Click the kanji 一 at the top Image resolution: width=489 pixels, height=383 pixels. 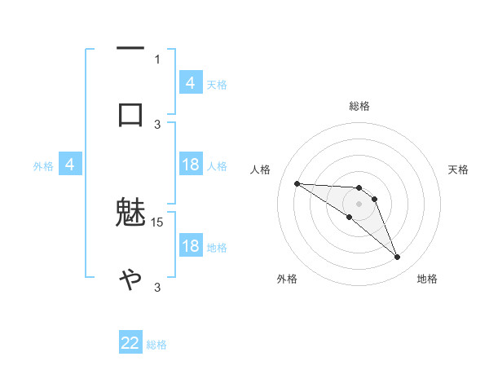pos(130,49)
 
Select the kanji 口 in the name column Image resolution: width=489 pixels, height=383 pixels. pos(130,114)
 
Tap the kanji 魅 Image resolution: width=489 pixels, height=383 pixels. pos(130,214)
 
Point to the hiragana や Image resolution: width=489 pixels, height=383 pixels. pos(130,280)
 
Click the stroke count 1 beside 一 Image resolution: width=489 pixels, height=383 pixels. pos(157,59)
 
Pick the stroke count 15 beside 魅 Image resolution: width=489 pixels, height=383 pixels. pos(158,222)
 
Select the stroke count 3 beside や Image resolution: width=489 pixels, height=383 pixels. pos(157,287)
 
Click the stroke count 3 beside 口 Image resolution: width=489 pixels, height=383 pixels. pos(157,124)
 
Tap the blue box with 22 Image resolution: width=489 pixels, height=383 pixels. pos(130,343)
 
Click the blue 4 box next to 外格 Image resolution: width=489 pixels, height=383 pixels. pos(70,165)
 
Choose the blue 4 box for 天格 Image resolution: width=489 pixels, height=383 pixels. pos(191,82)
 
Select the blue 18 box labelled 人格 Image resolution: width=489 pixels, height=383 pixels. pos(191,165)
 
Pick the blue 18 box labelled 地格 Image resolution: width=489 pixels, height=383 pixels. pos(191,246)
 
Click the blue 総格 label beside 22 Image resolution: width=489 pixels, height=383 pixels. pos(156,345)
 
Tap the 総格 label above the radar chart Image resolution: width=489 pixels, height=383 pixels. pos(359,106)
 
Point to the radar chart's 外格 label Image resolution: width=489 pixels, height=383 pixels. pos(287,279)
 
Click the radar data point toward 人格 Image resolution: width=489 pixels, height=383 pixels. pos(297,183)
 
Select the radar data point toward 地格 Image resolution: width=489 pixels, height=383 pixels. pos(397,258)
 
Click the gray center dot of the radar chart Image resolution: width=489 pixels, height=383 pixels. pos(359,204)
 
